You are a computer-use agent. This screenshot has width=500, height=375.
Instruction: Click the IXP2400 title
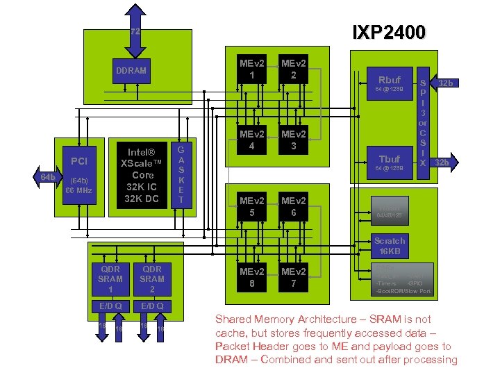coord(390,31)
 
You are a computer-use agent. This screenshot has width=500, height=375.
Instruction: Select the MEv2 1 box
coord(247,69)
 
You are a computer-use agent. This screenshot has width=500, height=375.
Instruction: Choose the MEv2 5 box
coord(247,206)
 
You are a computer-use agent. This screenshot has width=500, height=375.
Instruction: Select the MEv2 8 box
coord(247,276)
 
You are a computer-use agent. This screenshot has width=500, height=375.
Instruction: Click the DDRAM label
coord(131,71)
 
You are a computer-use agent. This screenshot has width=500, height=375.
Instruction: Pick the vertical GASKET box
coord(181,175)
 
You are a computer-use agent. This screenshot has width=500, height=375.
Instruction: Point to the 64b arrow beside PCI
coord(47,178)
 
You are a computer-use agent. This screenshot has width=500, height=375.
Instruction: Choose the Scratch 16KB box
coord(389,246)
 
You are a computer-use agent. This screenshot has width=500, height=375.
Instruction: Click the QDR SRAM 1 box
coord(110,278)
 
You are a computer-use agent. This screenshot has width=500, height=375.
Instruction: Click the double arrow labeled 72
coord(135,31)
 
